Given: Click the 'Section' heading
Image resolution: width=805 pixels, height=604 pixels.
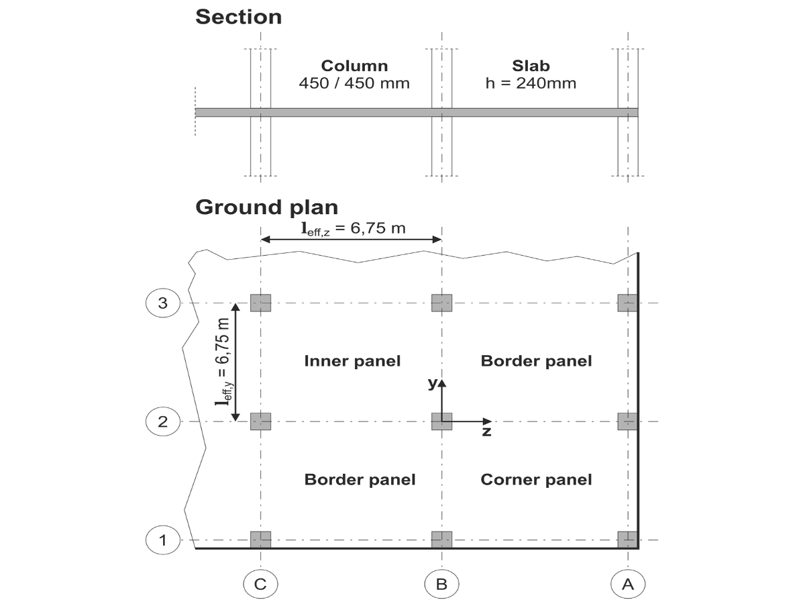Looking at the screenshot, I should point(238,17).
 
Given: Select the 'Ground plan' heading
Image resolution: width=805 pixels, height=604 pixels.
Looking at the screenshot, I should point(266,207).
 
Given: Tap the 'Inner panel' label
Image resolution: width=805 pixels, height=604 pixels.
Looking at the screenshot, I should point(352,361).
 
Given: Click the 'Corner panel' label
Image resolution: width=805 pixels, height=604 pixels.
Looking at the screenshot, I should point(536,479).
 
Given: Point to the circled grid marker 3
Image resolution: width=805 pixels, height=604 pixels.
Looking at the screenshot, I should point(162,303).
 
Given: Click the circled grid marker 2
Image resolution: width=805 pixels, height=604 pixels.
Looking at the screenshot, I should point(162,421).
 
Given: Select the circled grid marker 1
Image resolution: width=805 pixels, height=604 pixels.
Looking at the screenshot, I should point(162,540).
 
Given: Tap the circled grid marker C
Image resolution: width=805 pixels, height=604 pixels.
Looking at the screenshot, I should point(260,584).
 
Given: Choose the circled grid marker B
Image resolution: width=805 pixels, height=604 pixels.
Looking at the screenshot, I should point(441,584).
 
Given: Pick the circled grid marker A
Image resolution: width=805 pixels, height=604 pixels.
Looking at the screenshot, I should point(628,584).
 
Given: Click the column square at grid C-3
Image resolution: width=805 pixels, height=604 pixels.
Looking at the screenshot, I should point(260,303).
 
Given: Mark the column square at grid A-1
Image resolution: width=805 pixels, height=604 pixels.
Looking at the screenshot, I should point(627,540).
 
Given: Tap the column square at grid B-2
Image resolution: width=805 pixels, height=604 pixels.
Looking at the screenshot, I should point(441,421).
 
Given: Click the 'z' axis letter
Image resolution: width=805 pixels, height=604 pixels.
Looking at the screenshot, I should point(486,432).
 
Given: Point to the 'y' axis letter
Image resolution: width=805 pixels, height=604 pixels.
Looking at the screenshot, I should point(433,383).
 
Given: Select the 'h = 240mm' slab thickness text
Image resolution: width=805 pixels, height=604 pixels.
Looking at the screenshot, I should point(531,84).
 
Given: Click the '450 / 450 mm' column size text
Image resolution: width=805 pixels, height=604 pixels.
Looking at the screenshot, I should point(354,84).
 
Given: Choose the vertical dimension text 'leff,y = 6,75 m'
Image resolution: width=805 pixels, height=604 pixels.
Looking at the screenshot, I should point(221,362).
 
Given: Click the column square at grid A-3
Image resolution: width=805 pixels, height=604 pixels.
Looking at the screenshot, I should point(627,303).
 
